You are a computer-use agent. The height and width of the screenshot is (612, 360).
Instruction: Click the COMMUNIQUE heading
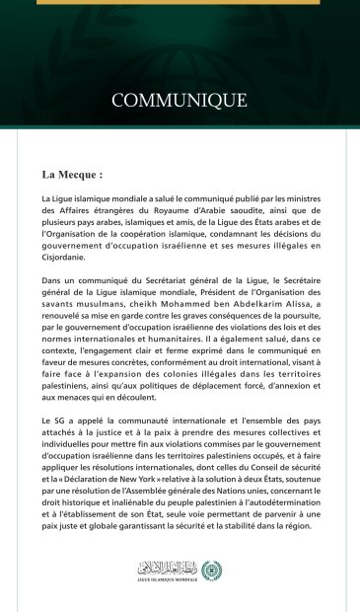click(x=180, y=100)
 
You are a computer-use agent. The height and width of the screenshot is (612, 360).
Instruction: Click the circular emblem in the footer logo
click(x=212, y=570)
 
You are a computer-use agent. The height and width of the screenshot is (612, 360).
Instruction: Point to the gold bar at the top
click(x=180, y=3)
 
